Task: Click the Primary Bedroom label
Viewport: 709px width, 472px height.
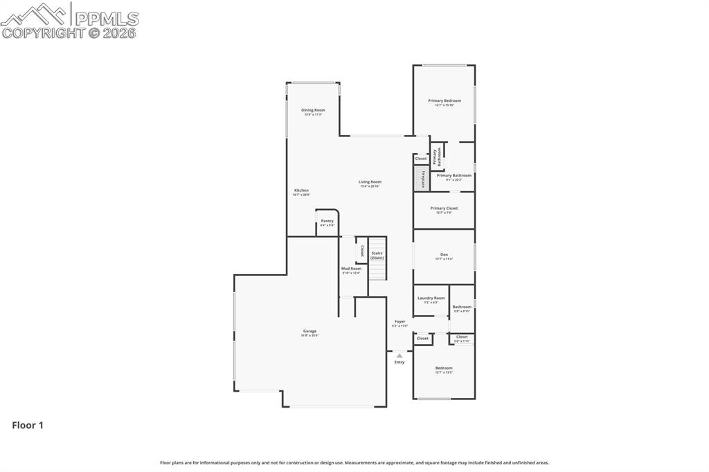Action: click(444, 101)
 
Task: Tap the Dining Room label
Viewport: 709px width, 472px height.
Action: click(313, 110)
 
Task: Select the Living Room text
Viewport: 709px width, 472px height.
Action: click(370, 182)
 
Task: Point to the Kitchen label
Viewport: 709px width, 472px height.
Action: click(301, 190)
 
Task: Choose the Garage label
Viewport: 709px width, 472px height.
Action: click(309, 332)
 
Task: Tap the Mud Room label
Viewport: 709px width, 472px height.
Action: click(351, 269)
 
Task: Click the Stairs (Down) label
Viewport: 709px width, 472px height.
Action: click(377, 255)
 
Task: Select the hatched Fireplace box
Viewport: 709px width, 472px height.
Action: click(418, 179)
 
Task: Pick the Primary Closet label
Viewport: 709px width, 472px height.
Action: click(444, 208)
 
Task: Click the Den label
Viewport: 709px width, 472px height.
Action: click(444, 255)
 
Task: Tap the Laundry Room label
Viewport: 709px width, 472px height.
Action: click(431, 298)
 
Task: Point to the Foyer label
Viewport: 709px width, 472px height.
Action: click(400, 322)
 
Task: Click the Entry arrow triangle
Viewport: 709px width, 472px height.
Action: click(400, 355)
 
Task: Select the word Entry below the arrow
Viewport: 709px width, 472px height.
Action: click(400, 362)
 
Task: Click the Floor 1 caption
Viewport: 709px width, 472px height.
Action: click(28, 426)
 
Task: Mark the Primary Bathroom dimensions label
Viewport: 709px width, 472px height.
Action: click(454, 180)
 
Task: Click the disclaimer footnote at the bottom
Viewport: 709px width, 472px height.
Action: click(354, 462)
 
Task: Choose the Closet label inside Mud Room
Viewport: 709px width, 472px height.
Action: click(362, 251)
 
